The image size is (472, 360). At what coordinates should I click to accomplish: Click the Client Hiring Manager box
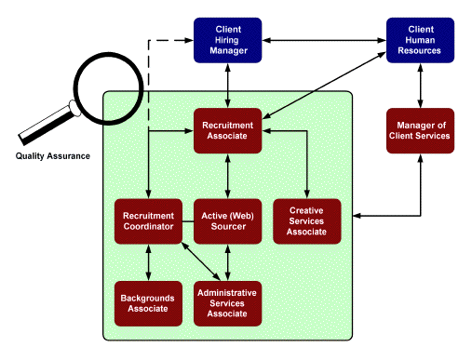pos(227,40)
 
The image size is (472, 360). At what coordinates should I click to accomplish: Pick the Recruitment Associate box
pos(227,130)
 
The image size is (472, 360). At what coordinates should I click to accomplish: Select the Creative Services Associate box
pos(307,221)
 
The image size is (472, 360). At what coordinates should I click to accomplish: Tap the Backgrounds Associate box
pos(149,302)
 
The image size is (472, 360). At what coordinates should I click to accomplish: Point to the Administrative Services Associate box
pos(227,302)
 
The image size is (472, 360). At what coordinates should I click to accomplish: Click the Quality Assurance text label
pos(53,155)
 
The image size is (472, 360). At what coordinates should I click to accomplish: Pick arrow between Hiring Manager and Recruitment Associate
pos(227,86)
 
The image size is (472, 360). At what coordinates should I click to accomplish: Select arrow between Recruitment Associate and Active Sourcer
pos(227,176)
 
